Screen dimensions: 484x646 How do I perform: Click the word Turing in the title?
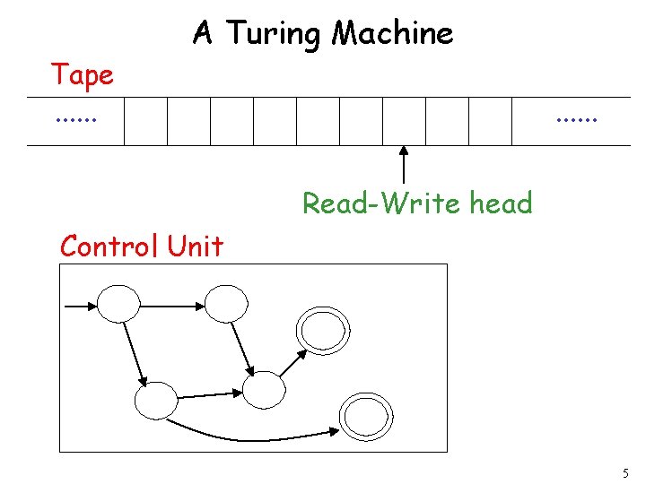[275, 34]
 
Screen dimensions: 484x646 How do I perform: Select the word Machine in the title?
[392, 34]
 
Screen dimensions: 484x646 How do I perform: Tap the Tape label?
[82, 75]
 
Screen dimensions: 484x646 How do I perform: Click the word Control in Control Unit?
[108, 246]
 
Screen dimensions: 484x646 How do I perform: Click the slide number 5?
[625, 472]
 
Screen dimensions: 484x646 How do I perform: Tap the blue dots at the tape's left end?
[75, 117]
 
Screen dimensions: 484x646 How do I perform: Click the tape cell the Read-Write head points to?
[404, 121]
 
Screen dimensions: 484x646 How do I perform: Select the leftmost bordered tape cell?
[145, 121]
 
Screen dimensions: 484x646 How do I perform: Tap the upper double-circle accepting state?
[320, 332]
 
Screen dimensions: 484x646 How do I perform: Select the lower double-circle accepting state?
[361, 415]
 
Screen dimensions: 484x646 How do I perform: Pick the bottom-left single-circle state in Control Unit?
[156, 401]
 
